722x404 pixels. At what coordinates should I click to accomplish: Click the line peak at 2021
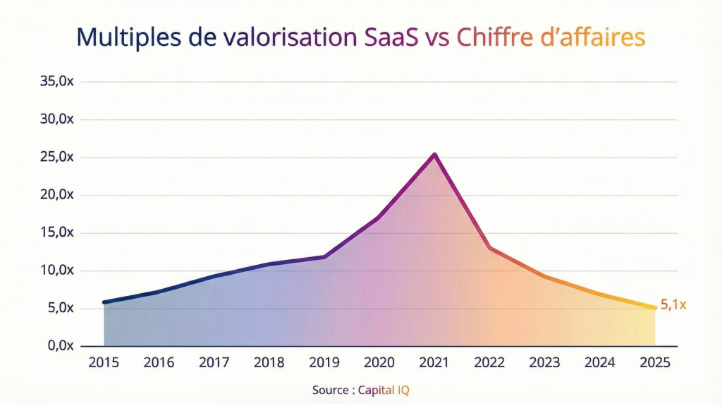coord(434,155)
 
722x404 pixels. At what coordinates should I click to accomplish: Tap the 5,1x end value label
coord(673,305)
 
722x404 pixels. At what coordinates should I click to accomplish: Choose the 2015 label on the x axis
coord(104,362)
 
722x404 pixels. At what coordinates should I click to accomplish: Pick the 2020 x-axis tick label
coord(379,362)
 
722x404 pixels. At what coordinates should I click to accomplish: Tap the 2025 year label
coord(655,362)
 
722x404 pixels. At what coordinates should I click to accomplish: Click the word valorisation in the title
coord(288,37)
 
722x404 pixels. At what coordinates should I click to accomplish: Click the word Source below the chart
coord(331,389)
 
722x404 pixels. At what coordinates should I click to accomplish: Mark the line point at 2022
coord(489,248)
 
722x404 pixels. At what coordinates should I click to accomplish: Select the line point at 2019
coord(324,256)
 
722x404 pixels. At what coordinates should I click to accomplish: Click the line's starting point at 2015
coord(104,302)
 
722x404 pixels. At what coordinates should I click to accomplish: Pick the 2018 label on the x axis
coord(269,362)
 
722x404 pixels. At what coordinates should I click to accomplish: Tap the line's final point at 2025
coord(655,308)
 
